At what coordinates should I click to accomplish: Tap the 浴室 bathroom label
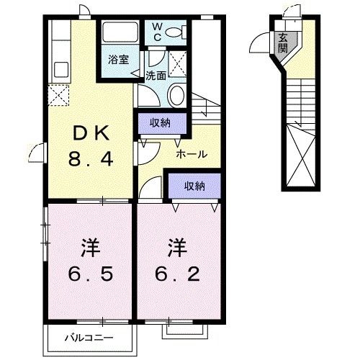(x=120, y=60)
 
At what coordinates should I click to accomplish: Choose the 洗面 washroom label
(x=156, y=74)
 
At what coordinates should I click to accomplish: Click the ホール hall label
(x=192, y=154)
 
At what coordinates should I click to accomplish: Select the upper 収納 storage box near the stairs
(x=160, y=122)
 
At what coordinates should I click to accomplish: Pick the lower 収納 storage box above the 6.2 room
(x=193, y=186)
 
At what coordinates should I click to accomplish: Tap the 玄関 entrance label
(x=284, y=42)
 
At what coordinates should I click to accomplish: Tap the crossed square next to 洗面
(x=178, y=60)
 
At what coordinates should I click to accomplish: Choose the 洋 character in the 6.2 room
(x=176, y=249)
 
